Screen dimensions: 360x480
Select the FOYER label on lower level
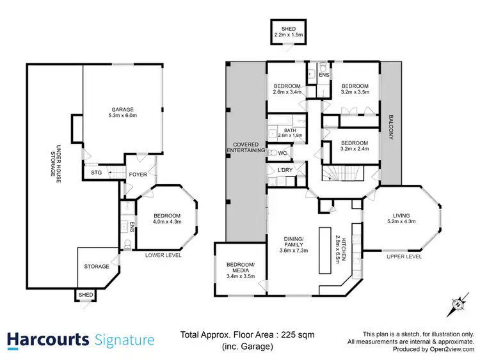click(138, 174)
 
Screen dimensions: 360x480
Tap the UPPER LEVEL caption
click(403, 256)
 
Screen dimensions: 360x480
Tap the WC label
click(282, 153)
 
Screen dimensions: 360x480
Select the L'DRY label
click(285, 170)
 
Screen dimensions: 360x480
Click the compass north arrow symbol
click(457, 305)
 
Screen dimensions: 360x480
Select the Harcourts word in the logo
click(48, 340)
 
